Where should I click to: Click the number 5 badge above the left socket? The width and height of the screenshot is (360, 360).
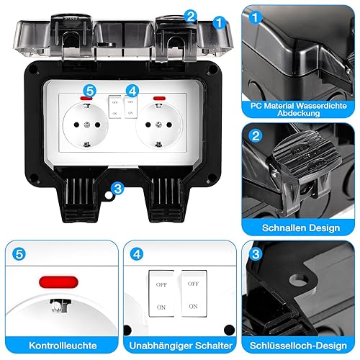(x=89, y=91)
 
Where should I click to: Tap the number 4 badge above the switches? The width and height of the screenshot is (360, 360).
(x=132, y=91)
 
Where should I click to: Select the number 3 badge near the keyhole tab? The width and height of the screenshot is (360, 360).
(x=118, y=189)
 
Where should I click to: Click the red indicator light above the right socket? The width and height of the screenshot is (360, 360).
(x=160, y=98)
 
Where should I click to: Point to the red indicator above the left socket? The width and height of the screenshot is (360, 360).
(x=86, y=98)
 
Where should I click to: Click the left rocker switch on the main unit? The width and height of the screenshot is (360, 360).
(x=115, y=107)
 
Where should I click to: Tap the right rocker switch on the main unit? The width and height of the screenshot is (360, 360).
(x=130, y=107)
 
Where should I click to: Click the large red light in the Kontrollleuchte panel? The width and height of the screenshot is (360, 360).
(x=58, y=282)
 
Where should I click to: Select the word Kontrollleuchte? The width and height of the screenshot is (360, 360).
(x=63, y=346)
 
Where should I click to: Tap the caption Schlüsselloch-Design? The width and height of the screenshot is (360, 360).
(x=298, y=346)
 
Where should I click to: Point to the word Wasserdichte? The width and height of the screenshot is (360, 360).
(x=321, y=106)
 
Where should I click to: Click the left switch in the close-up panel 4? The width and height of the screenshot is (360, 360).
(x=161, y=294)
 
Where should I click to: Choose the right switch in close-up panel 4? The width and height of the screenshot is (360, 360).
(x=194, y=293)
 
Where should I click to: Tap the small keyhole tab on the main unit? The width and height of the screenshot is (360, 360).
(x=109, y=195)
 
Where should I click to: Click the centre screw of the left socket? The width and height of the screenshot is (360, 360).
(x=86, y=125)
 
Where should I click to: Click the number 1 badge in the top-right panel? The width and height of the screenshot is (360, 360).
(x=255, y=17)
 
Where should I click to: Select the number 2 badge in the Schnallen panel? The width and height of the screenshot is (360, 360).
(x=256, y=136)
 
